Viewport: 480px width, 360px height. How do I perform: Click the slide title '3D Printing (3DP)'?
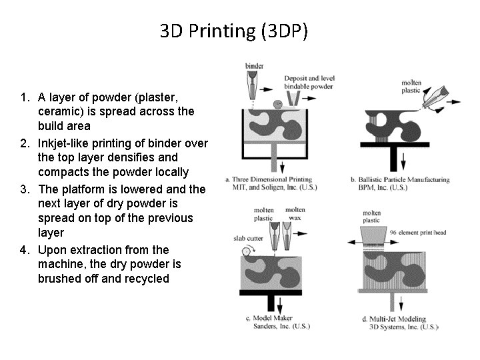pyautogui.click(x=233, y=31)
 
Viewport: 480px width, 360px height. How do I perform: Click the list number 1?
pyautogui.click(x=25, y=97)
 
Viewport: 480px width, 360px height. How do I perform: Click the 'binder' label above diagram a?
pyautogui.click(x=255, y=66)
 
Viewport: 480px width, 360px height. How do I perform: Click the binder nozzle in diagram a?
pyautogui.click(x=252, y=85)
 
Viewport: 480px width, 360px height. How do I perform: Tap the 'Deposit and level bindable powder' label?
pyautogui.click(x=309, y=83)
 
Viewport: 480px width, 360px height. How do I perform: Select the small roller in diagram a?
pyautogui.click(x=278, y=105)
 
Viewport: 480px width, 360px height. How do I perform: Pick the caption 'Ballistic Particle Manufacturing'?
pyautogui.click(x=404, y=180)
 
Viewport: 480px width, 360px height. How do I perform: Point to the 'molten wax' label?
pyautogui.click(x=295, y=214)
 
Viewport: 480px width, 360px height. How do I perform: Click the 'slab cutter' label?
pyautogui.click(x=248, y=238)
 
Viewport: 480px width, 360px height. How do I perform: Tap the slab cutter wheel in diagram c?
pyautogui.click(x=246, y=251)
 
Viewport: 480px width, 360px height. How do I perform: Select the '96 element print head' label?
pyautogui.click(x=418, y=233)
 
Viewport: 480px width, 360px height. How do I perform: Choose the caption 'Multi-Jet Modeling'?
pyautogui.click(x=397, y=319)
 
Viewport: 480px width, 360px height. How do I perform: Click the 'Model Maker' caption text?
pyautogui.click(x=273, y=318)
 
